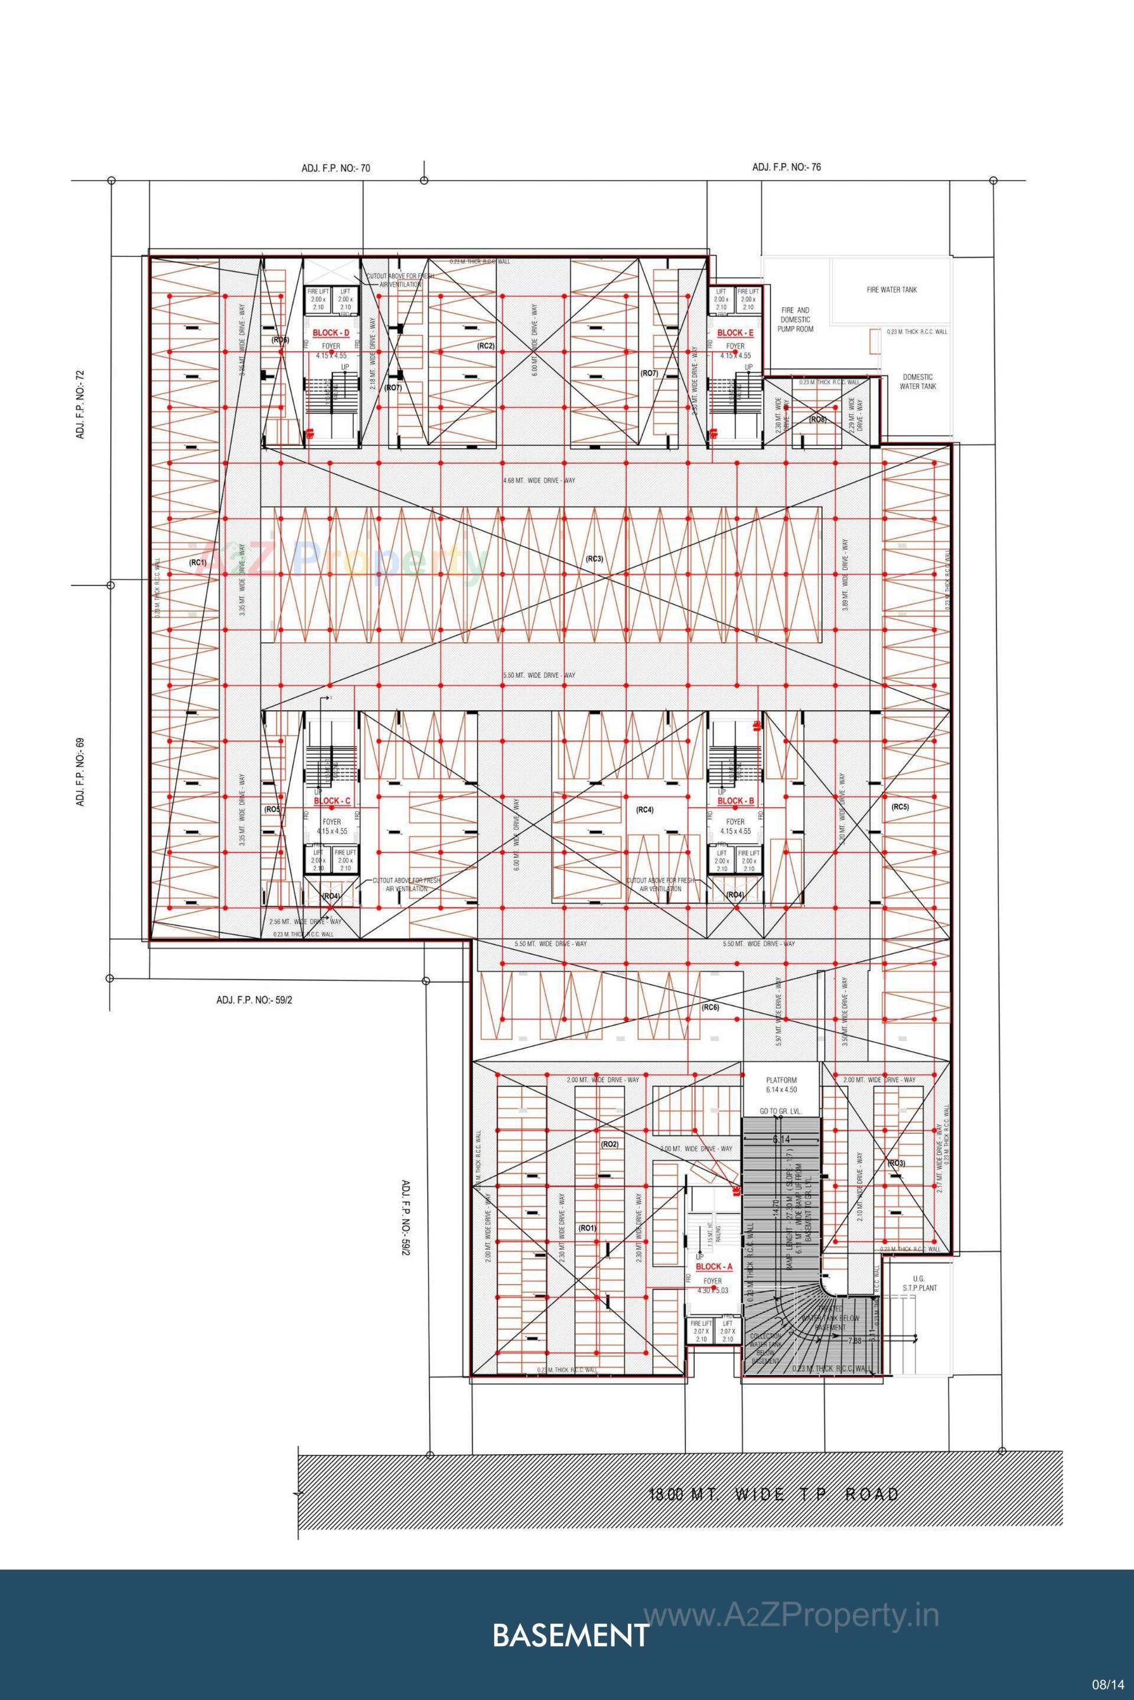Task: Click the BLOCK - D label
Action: (331, 332)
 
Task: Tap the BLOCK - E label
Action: (735, 332)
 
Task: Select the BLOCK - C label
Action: (332, 801)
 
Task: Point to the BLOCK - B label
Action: (735, 801)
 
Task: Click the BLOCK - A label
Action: (714, 1267)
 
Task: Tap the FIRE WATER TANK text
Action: (892, 289)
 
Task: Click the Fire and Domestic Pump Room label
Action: (796, 319)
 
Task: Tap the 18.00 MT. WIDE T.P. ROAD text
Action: (773, 1493)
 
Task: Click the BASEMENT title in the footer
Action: (570, 1635)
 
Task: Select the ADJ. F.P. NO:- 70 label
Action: (336, 168)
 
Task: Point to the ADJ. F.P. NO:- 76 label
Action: (786, 167)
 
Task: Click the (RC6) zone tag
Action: (709, 1007)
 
